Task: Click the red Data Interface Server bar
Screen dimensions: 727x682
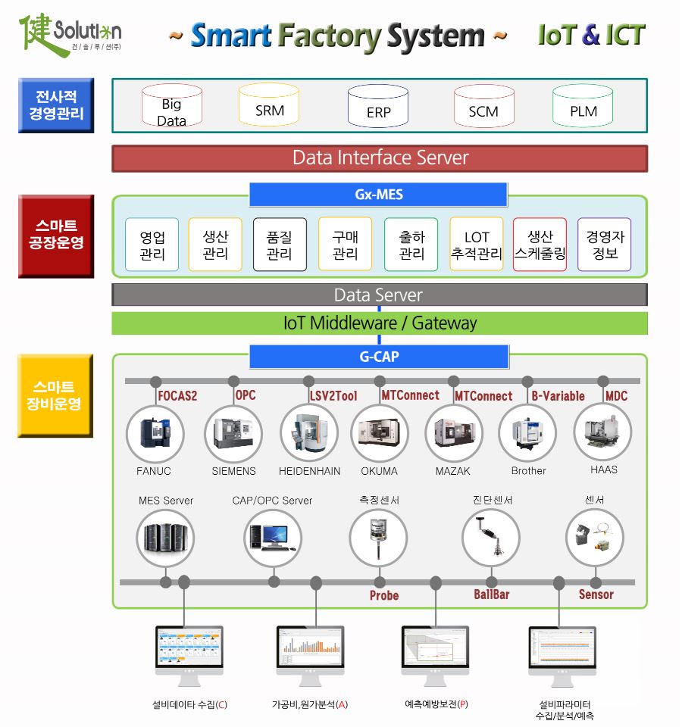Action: (380, 158)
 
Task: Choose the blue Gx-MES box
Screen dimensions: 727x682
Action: (378, 195)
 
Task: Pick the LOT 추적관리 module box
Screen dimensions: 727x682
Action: (477, 245)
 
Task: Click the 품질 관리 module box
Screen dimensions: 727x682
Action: (280, 245)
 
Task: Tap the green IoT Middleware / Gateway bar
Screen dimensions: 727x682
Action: (380, 323)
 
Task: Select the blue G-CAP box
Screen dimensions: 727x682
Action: (378, 357)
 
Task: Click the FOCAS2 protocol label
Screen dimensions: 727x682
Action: (177, 396)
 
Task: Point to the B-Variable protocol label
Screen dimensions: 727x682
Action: (558, 396)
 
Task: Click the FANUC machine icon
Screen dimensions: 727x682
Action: (154, 434)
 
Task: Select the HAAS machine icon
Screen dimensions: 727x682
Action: (603, 432)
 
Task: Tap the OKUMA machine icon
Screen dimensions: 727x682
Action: (379, 434)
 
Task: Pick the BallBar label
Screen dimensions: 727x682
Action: (492, 595)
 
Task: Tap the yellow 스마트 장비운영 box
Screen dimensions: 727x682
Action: (55, 395)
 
